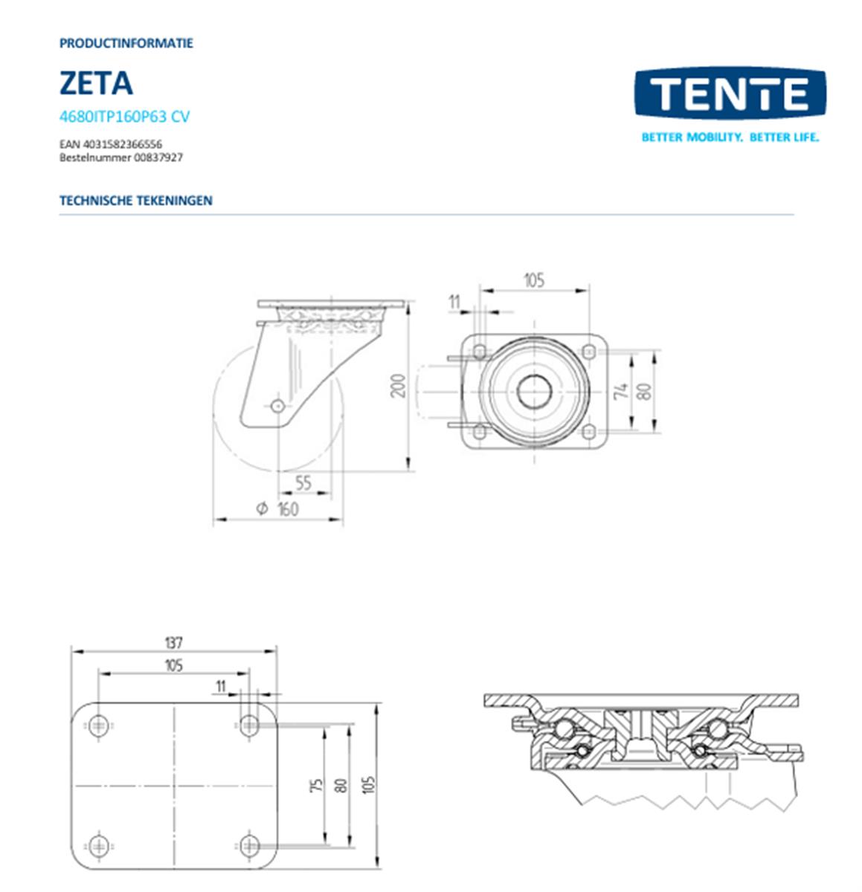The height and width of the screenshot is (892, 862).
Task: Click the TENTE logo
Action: coord(730,94)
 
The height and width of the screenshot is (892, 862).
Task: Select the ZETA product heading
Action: coord(96,83)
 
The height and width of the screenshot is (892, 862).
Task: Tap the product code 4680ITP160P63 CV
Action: coord(124,117)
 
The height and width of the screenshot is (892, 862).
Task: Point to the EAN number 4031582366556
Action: coord(111,143)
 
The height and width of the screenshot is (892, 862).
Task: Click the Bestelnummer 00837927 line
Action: coord(120,158)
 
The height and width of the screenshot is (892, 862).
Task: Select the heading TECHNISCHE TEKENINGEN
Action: coord(135,201)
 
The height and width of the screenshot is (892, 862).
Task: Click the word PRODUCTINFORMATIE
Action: coord(126,43)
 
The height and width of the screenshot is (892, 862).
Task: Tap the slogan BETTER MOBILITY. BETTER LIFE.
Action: coord(730,138)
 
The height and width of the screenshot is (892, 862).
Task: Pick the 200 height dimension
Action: coord(399,385)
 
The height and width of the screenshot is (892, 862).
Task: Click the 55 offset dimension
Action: coord(303,482)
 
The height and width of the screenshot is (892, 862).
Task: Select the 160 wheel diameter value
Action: coord(288,509)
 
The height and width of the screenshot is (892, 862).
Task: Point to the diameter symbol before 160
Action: coord(262,508)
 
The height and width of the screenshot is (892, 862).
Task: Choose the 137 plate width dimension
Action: coord(173,642)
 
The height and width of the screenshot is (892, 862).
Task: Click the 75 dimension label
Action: coord(317,784)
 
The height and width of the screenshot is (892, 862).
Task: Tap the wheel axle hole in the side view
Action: coord(278,406)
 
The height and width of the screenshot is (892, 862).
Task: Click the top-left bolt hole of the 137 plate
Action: coord(99,725)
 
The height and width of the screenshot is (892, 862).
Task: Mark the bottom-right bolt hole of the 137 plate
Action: coord(250,844)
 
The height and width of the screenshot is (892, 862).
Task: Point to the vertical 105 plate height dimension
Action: coord(370,784)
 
